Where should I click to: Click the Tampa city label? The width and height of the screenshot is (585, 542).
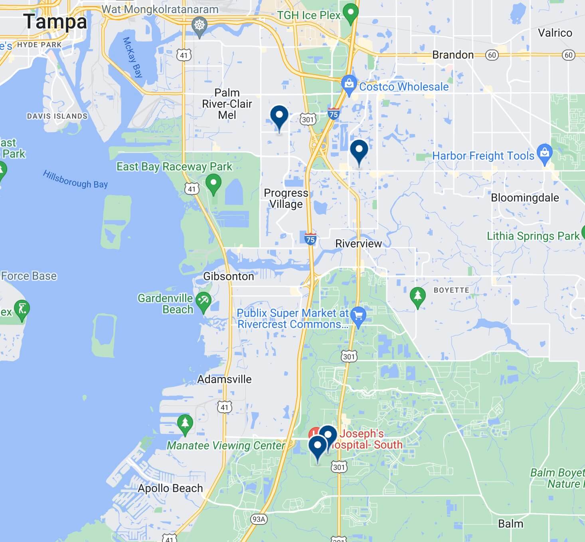[55, 22]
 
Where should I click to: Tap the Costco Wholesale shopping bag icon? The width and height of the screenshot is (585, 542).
[349, 84]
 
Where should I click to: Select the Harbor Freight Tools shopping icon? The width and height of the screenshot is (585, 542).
[544, 153]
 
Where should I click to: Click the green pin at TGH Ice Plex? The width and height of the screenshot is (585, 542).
[350, 12]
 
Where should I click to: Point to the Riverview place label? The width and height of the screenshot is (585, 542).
[358, 243]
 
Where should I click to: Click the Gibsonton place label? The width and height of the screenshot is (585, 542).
[228, 276]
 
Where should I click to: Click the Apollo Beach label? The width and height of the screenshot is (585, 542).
[170, 488]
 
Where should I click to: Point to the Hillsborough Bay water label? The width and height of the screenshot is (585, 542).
[75, 179]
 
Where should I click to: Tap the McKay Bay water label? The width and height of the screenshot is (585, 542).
[132, 57]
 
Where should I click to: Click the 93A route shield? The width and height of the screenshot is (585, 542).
[259, 519]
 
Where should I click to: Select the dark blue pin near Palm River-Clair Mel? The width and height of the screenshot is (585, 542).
[279, 116]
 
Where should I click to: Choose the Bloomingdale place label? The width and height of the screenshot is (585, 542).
[525, 198]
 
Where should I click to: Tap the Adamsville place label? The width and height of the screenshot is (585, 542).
[224, 379]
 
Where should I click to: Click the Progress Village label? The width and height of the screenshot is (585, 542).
[286, 198]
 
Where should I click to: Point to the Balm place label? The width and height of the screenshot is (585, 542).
[510, 524]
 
